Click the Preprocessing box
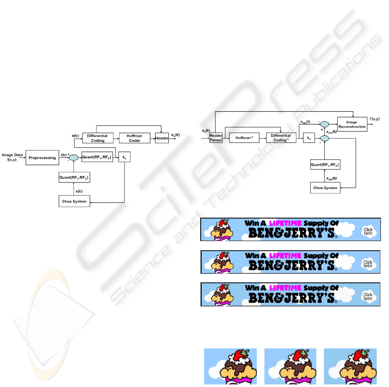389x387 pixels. coord(42,157)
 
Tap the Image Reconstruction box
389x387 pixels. coord(352,123)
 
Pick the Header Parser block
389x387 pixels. coord(216,138)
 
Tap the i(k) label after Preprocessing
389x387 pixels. coord(63,154)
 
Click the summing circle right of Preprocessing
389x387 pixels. coord(74,157)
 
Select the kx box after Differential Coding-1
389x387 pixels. coord(308,138)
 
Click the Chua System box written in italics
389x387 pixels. coord(325,188)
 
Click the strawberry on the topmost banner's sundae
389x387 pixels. coord(225,222)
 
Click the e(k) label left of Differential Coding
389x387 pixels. coord(75,135)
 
